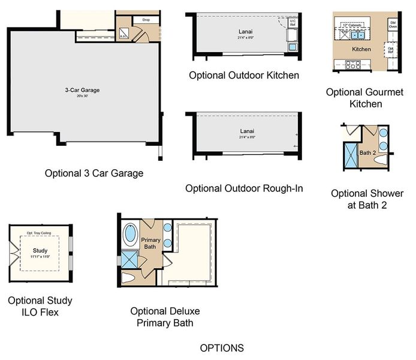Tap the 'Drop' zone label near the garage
click(x=145, y=20)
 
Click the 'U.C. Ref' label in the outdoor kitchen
click(x=293, y=23)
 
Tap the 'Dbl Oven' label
click(x=393, y=24)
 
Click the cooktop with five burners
click(x=350, y=64)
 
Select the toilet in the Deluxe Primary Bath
click(x=130, y=278)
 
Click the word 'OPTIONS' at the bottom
click(x=222, y=348)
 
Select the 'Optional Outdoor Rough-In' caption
click(x=244, y=188)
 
